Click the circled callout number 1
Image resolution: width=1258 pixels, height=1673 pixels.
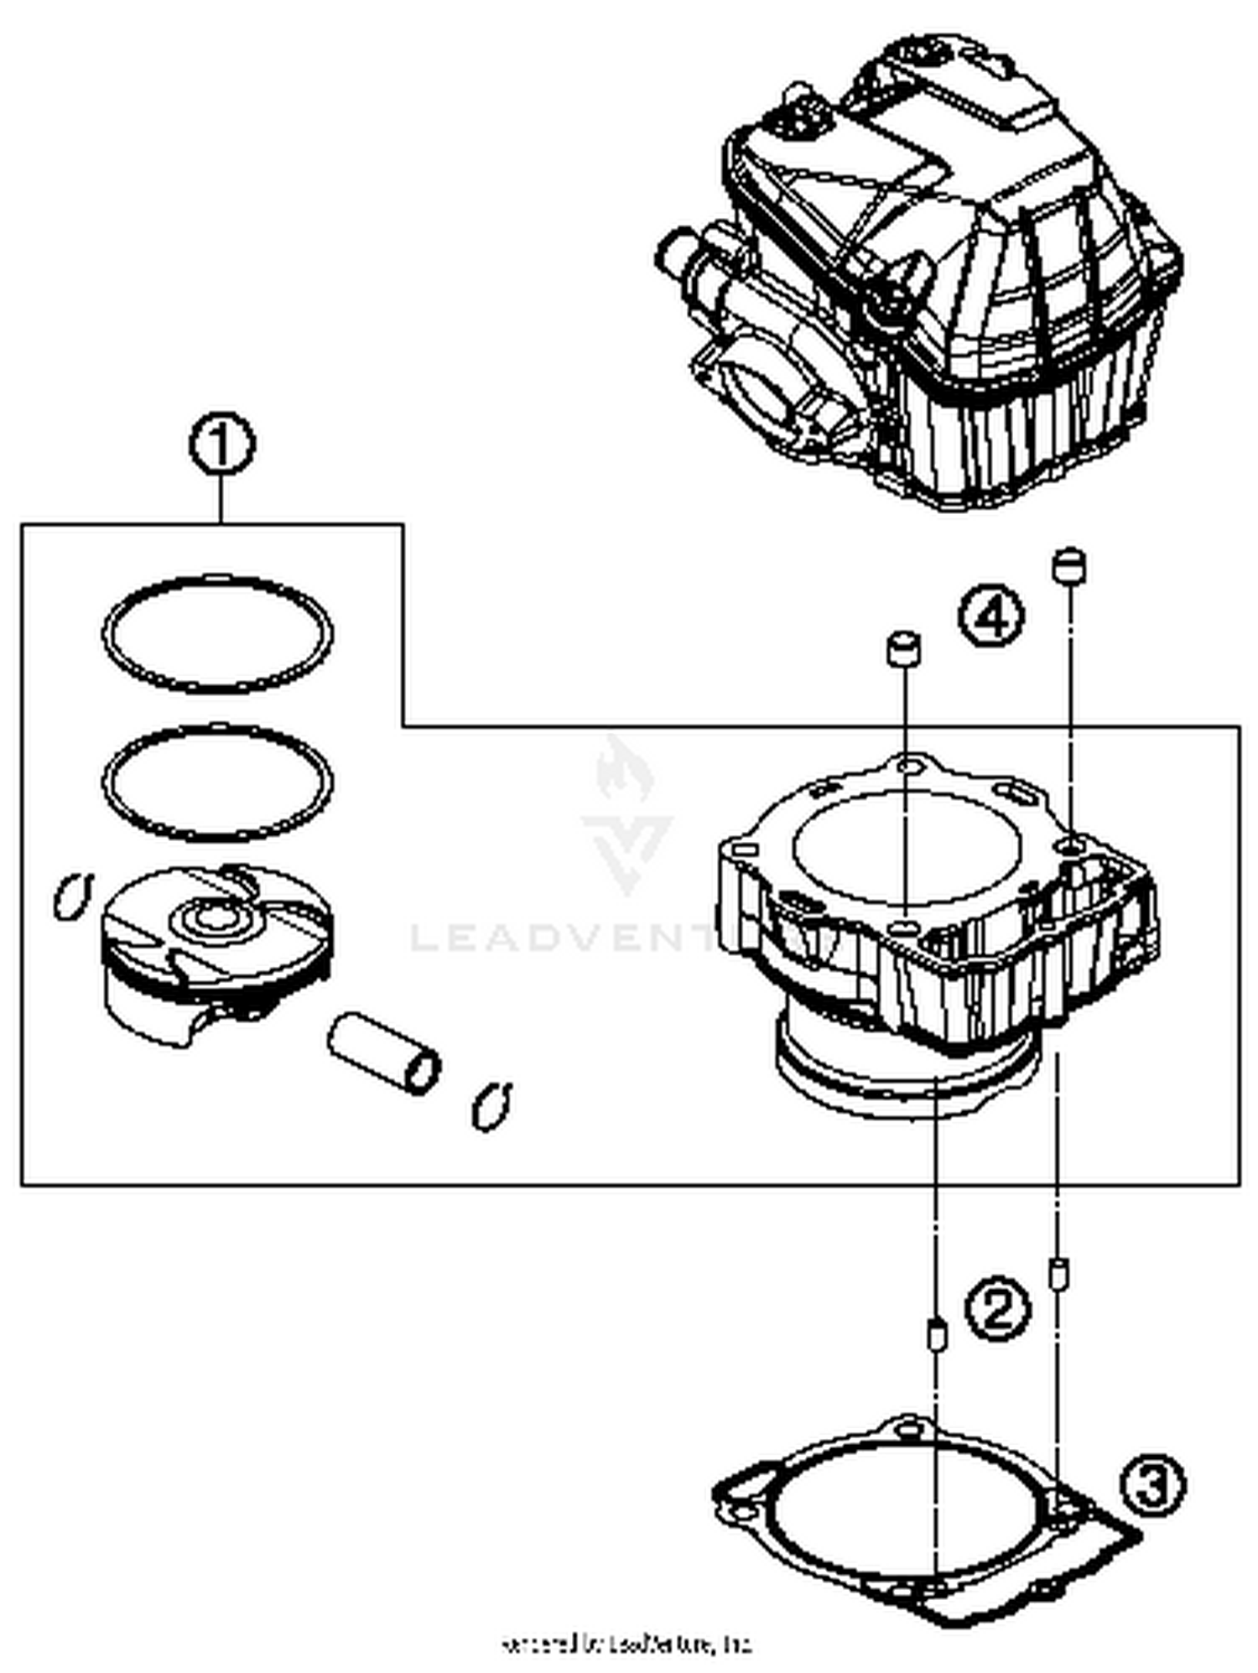pyautogui.click(x=221, y=445)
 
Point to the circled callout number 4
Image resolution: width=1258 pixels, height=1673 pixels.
pyautogui.click(x=990, y=616)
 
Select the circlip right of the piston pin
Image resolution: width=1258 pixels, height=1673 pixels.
pyautogui.click(x=491, y=1106)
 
